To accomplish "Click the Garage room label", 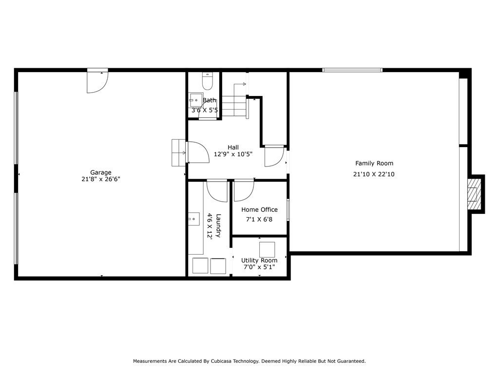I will pos(100,172).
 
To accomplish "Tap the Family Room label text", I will pos(374,164).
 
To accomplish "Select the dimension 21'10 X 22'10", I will pos(374,174).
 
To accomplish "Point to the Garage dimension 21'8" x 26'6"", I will pos(100,179).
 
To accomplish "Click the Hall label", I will pos(233,148).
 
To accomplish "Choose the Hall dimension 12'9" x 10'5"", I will pos(233,154).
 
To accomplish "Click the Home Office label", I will pos(259,210).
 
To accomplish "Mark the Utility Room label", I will pos(259,261).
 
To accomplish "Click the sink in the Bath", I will pos(195,100).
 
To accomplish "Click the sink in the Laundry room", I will pos(194,220).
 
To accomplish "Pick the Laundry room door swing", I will pos(216,190).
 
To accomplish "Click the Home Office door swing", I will pos(244,190).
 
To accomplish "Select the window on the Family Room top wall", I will pos(352,70).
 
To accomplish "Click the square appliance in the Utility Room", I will pos(267,249).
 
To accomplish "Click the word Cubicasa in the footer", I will pos(223,361).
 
